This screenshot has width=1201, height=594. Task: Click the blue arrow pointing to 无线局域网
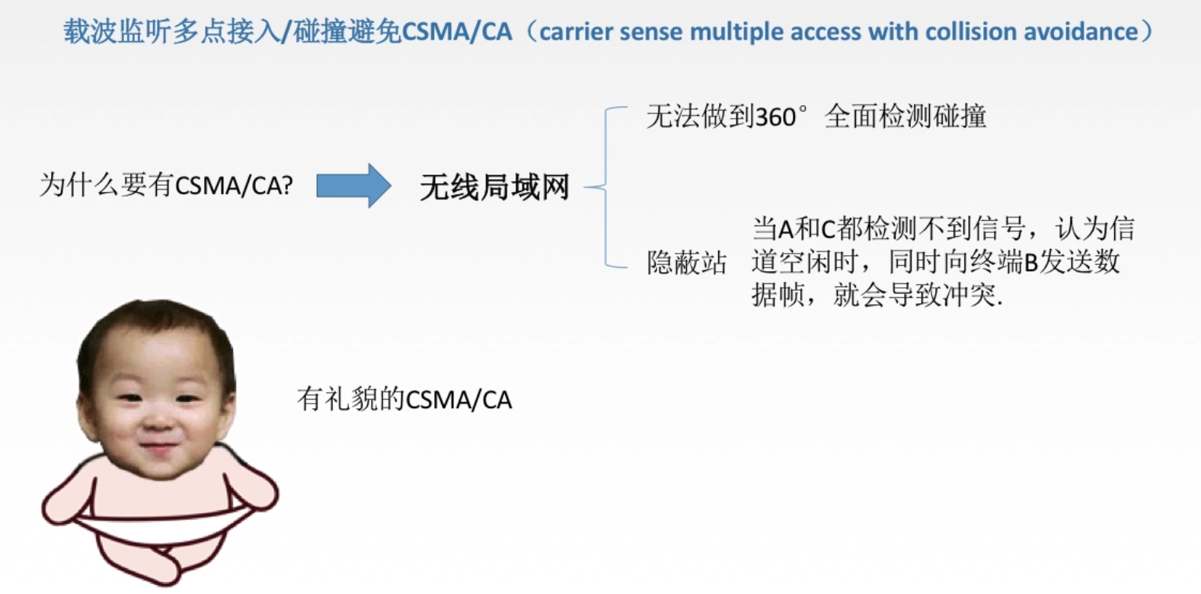[353, 186]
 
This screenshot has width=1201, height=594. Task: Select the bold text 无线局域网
[494, 187]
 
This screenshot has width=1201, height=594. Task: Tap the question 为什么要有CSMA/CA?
[166, 185]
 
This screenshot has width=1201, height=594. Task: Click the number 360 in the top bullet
[775, 117]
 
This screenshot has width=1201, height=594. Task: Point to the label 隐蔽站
[686, 263]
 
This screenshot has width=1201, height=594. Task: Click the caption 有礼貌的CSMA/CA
[404, 399]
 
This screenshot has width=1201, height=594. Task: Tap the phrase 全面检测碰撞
[906, 117]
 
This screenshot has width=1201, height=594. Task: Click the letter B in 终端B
[1031, 263]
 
